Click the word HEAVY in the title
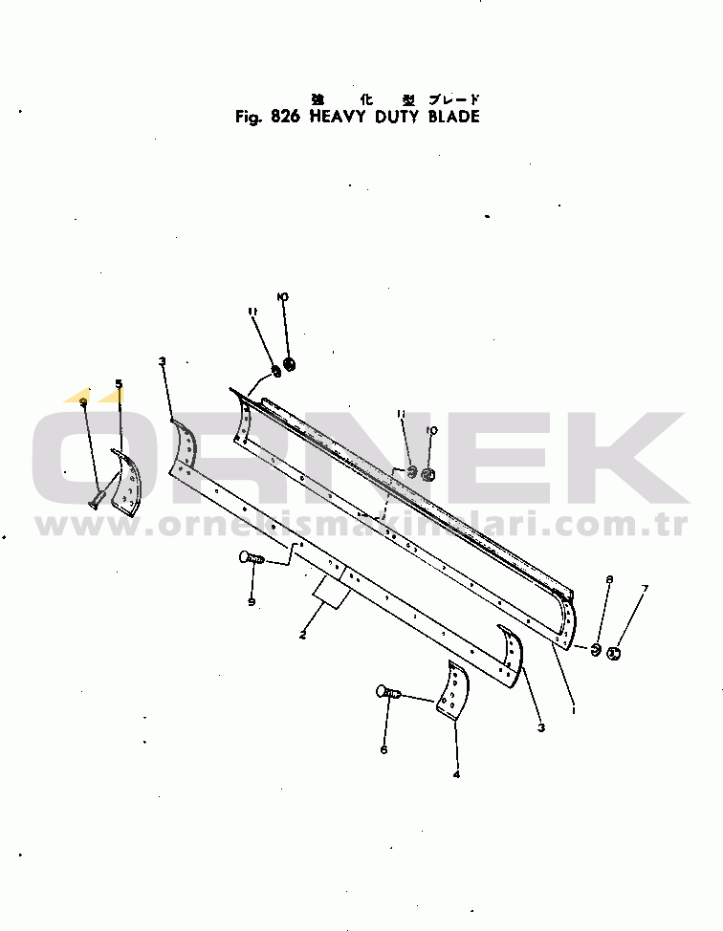[340, 118]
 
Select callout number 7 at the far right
[644, 588]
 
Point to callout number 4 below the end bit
[456, 774]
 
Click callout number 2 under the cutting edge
[302, 635]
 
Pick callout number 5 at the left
[119, 384]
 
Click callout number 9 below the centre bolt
[252, 601]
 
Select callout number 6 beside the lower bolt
[383, 749]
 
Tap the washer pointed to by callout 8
[594, 650]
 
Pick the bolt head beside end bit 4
[385, 691]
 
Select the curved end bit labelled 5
[125, 478]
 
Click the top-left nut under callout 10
[290, 364]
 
